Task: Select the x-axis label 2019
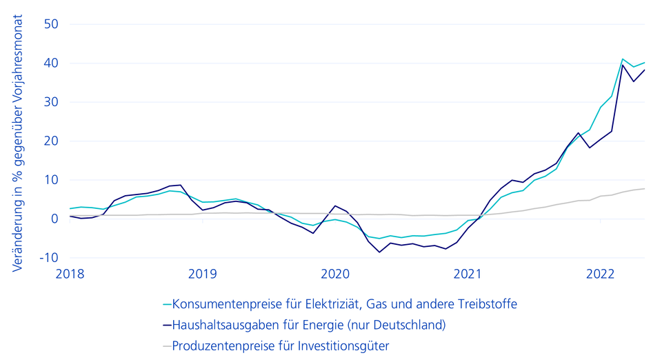coord(202,274)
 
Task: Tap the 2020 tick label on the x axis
coord(334,274)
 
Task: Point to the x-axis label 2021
coord(468,274)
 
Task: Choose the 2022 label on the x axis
coord(600,274)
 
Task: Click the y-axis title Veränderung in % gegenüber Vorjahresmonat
coord(17,141)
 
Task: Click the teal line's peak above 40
coord(623,59)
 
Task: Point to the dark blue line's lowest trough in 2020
coord(379,252)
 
